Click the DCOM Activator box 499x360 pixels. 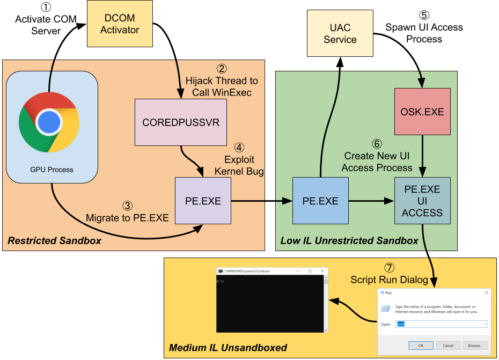pyautogui.click(x=120, y=24)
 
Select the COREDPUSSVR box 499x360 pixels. pyautogui.click(x=181, y=122)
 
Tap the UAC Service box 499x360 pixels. pyautogui.click(x=340, y=34)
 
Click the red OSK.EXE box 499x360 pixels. pyautogui.click(x=422, y=112)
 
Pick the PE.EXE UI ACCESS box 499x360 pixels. pyautogui.click(x=422, y=201)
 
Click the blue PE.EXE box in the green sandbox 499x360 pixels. pyautogui.click(x=320, y=201)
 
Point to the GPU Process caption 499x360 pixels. pyautogui.click(x=52, y=170)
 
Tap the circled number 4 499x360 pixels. pyautogui.click(x=239, y=147)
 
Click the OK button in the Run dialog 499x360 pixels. pyautogui.click(x=421, y=345)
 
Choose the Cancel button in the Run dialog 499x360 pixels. pyautogui.click(x=448, y=345)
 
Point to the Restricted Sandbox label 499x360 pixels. pyautogui.click(x=54, y=241)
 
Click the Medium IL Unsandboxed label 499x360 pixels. pyautogui.click(x=228, y=348)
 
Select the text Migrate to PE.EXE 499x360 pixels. pyautogui.click(x=127, y=218)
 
